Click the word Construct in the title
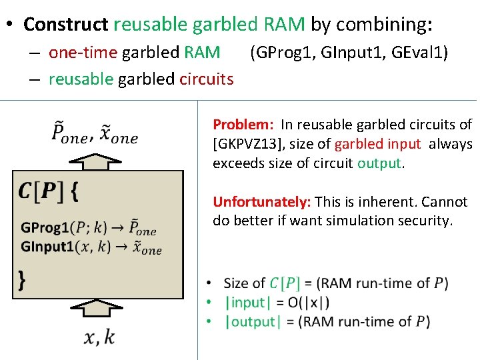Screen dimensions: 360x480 tap(65, 25)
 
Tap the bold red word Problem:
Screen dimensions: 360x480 tap(244, 125)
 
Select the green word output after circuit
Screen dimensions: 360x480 tap(380, 163)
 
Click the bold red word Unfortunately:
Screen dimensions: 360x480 tap(262, 202)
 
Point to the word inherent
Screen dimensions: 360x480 tap(381, 202)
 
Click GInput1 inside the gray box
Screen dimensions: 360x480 tap(47, 247)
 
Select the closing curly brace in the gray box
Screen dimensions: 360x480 tap(22, 279)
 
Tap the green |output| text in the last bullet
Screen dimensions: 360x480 tap(251, 322)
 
